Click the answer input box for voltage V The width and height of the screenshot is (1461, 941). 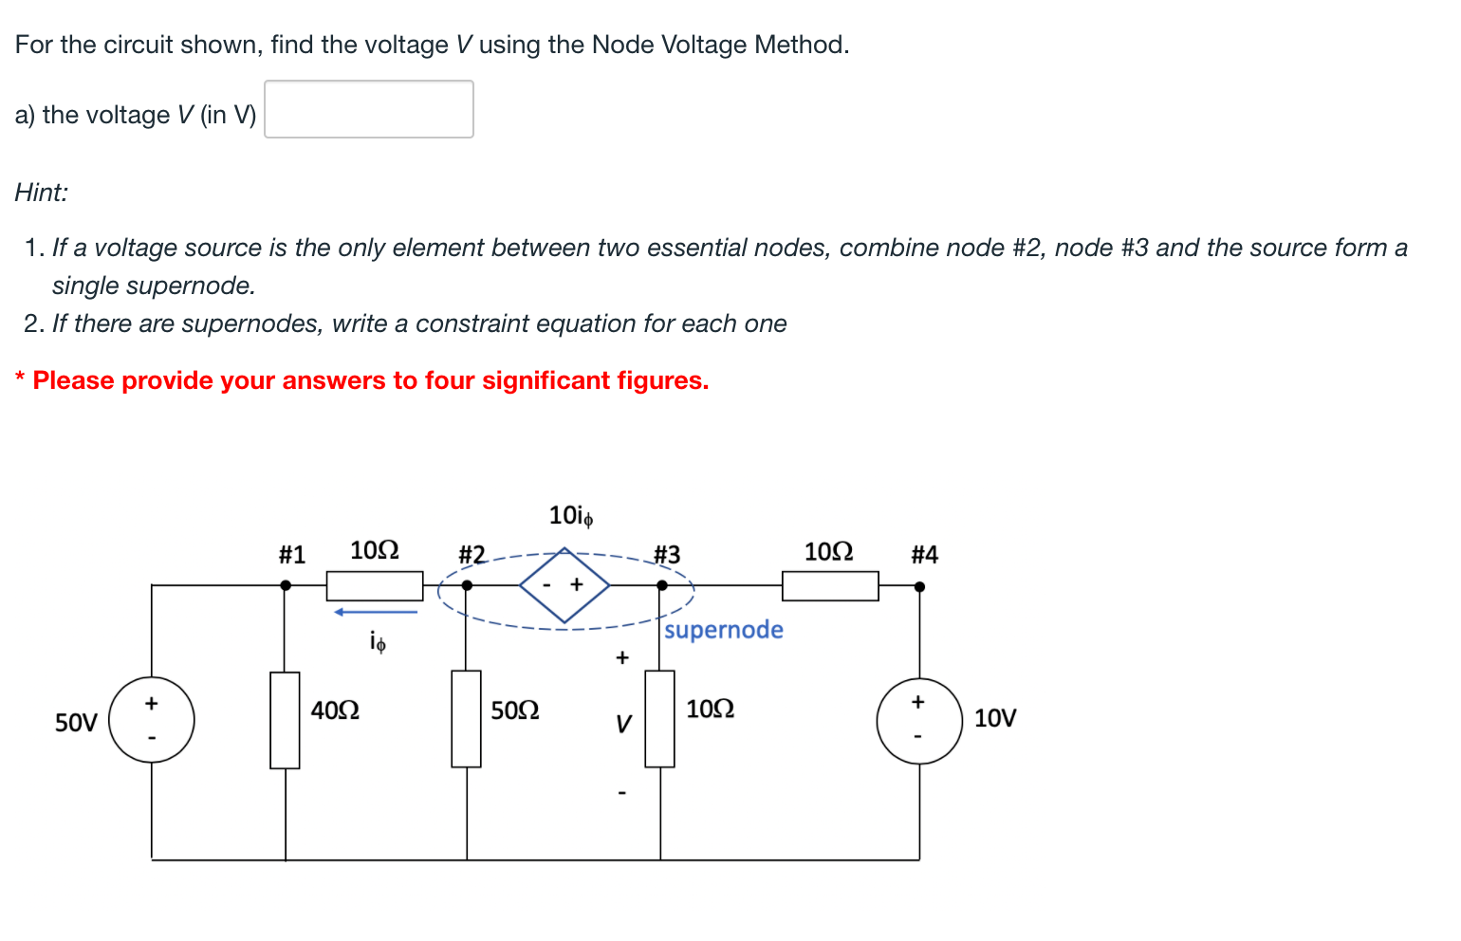(x=368, y=109)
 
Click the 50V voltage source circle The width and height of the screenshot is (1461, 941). (x=152, y=720)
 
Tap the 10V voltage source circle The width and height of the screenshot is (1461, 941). (x=918, y=720)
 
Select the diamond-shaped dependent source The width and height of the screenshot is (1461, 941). (x=564, y=585)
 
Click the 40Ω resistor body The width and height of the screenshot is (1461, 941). (x=285, y=720)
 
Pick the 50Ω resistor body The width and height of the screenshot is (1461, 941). (x=466, y=718)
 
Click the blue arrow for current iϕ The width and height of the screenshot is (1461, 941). (x=376, y=612)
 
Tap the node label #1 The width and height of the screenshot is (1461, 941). (x=292, y=555)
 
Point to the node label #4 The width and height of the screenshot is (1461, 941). (x=924, y=555)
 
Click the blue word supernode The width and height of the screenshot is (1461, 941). (x=724, y=630)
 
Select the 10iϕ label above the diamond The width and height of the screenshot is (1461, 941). (x=571, y=516)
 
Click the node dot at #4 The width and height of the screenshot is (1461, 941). (x=918, y=586)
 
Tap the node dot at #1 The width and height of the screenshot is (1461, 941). (x=286, y=585)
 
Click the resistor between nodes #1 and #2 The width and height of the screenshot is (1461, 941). (x=375, y=585)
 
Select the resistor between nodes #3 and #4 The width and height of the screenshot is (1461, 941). (x=830, y=585)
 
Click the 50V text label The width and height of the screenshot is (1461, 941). (x=76, y=723)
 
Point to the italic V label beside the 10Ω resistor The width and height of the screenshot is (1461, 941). (x=622, y=725)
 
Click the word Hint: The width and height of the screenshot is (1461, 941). (x=42, y=193)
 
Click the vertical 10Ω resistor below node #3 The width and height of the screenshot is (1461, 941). (x=659, y=718)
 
